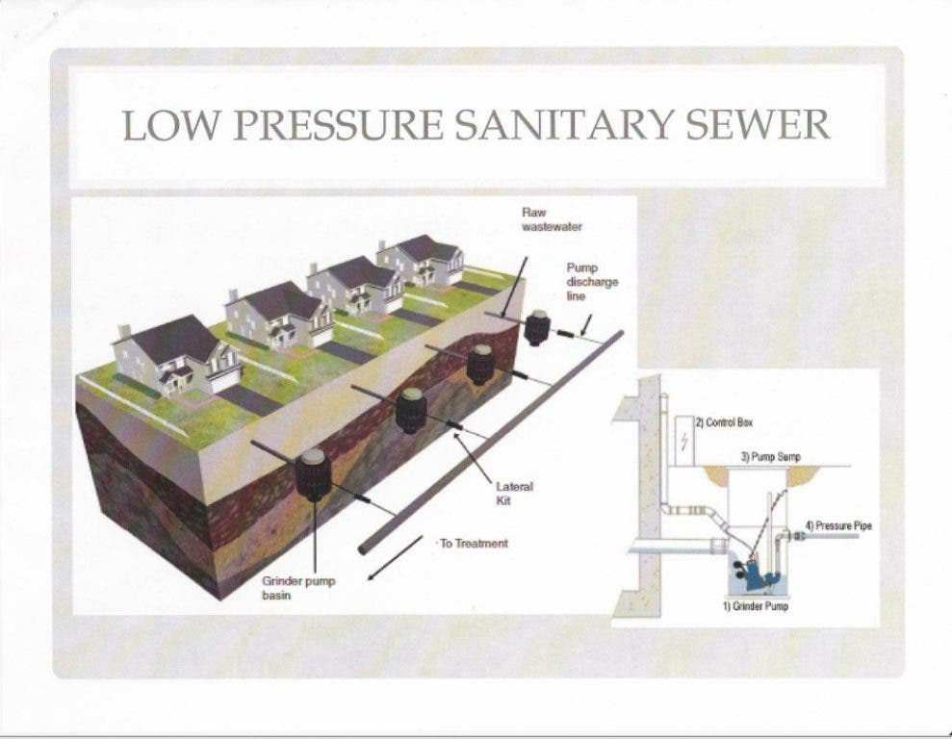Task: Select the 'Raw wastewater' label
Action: (x=552, y=219)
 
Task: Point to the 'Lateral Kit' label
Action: (x=514, y=494)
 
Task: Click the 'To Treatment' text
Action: (x=474, y=544)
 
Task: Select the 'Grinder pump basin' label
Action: (x=298, y=588)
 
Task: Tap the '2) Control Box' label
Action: (x=724, y=422)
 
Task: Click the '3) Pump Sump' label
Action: (x=770, y=457)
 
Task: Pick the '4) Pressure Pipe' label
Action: (x=838, y=525)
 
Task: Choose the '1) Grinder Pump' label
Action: (x=756, y=606)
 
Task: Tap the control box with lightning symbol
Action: (x=683, y=441)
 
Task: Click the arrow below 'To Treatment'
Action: (x=396, y=557)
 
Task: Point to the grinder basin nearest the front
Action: (x=313, y=475)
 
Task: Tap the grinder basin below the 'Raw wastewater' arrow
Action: (x=537, y=327)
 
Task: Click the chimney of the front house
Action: (x=124, y=333)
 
